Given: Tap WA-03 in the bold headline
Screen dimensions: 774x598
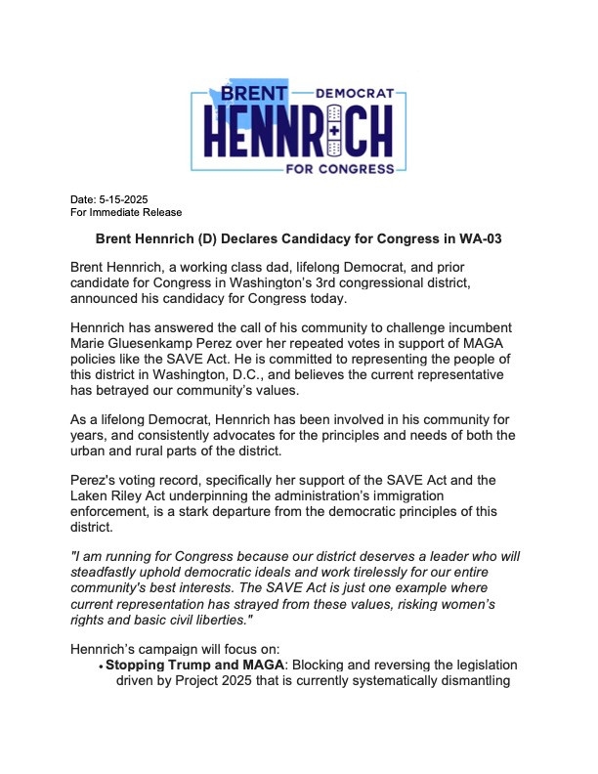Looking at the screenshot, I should click(x=478, y=239).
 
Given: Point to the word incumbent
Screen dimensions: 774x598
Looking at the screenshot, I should click(x=463, y=325).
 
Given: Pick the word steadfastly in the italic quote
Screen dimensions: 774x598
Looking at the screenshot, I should click(x=116, y=572).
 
